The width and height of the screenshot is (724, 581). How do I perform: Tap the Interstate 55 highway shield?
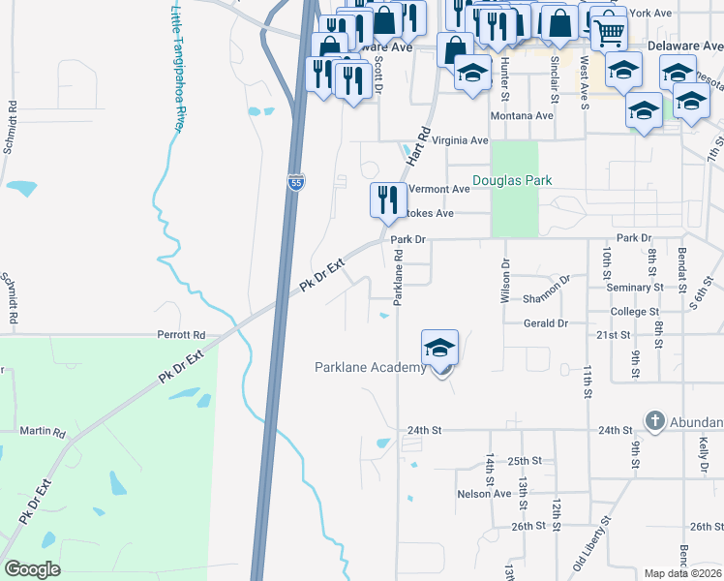pos(294,181)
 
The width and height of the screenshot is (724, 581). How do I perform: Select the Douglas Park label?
pos(511,180)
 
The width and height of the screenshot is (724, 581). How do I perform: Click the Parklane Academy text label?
pos(371,367)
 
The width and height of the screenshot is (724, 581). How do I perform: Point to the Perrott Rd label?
pos(182,334)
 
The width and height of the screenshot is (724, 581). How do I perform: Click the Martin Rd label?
pos(42,432)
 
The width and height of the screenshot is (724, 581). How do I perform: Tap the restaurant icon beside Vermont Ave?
pos(387,200)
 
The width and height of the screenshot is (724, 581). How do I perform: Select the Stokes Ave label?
pos(431,213)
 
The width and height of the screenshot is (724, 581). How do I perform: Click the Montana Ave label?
pos(521,115)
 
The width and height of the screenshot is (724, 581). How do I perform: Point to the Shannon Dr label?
pos(547,299)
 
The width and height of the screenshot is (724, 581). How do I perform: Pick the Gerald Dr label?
pos(545,323)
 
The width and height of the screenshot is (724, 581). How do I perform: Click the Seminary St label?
pos(634,288)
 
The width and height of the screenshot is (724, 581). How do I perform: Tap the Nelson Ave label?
pos(484,494)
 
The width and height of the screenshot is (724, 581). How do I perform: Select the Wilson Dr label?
pos(504,281)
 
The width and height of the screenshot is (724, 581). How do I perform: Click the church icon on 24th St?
pos(655,421)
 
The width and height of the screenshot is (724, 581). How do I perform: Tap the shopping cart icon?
pos(608,33)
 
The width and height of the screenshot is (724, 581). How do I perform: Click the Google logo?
pos(32,569)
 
